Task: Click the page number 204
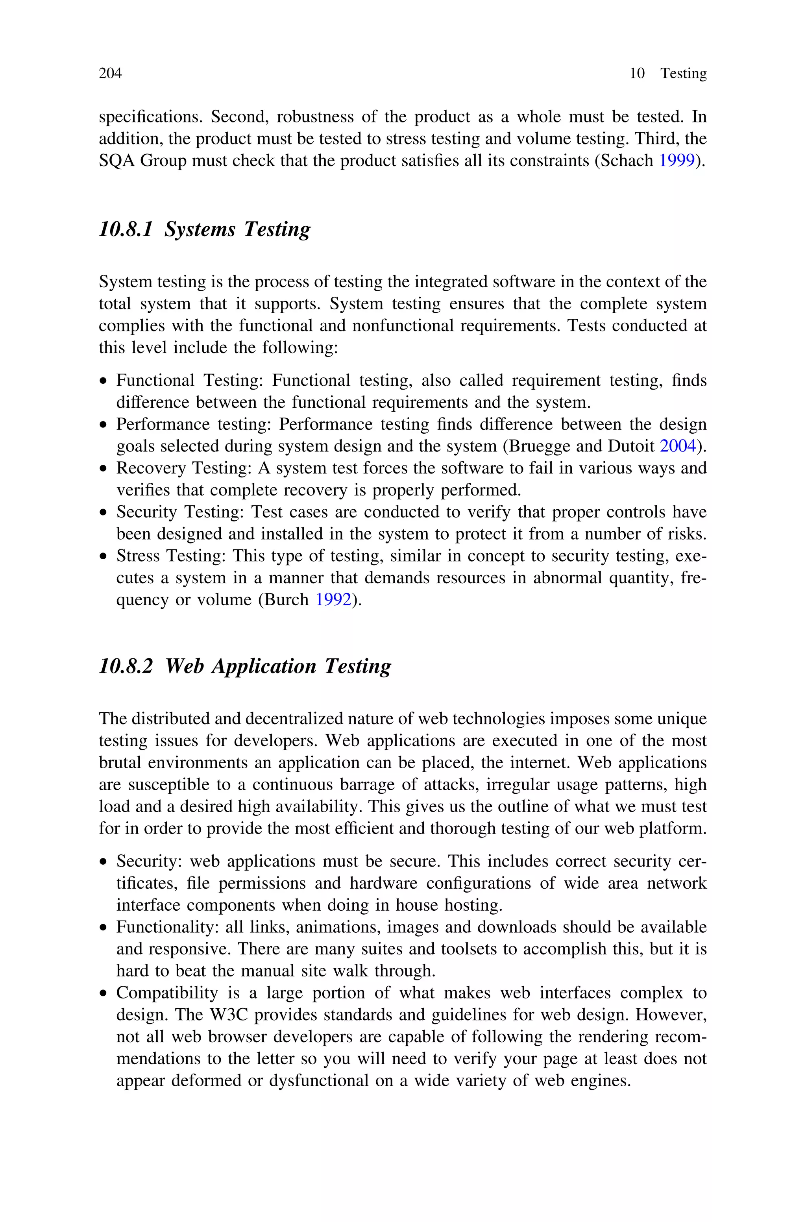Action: [x=110, y=74]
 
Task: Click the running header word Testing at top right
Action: [x=683, y=74]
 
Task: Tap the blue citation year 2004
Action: [x=677, y=446]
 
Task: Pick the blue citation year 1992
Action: [x=333, y=600]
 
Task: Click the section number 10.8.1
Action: [x=126, y=229]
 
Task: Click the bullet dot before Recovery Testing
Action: [x=104, y=469]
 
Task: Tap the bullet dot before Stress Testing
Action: [x=104, y=557]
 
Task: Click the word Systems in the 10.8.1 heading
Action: [x=200, y=229]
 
